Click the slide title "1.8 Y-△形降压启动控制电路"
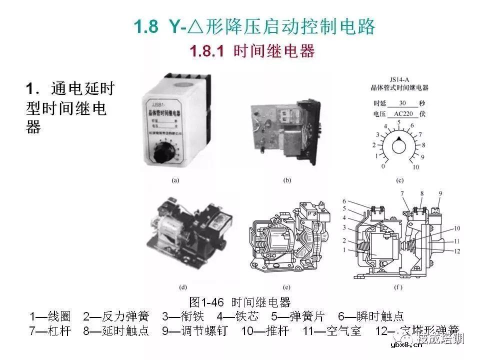[x=254, y=27]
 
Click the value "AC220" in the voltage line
[x=404, y=113]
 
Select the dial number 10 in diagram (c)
[x=415, y=166]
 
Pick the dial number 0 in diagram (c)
[x=383, y=166]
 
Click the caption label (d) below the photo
[x=182, y=288]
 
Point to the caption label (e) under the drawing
[x=286, y=288]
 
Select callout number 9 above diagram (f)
[x=439, y=193]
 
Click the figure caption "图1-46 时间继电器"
[x=240, y=302]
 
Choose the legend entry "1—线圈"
[x=50, y=316]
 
